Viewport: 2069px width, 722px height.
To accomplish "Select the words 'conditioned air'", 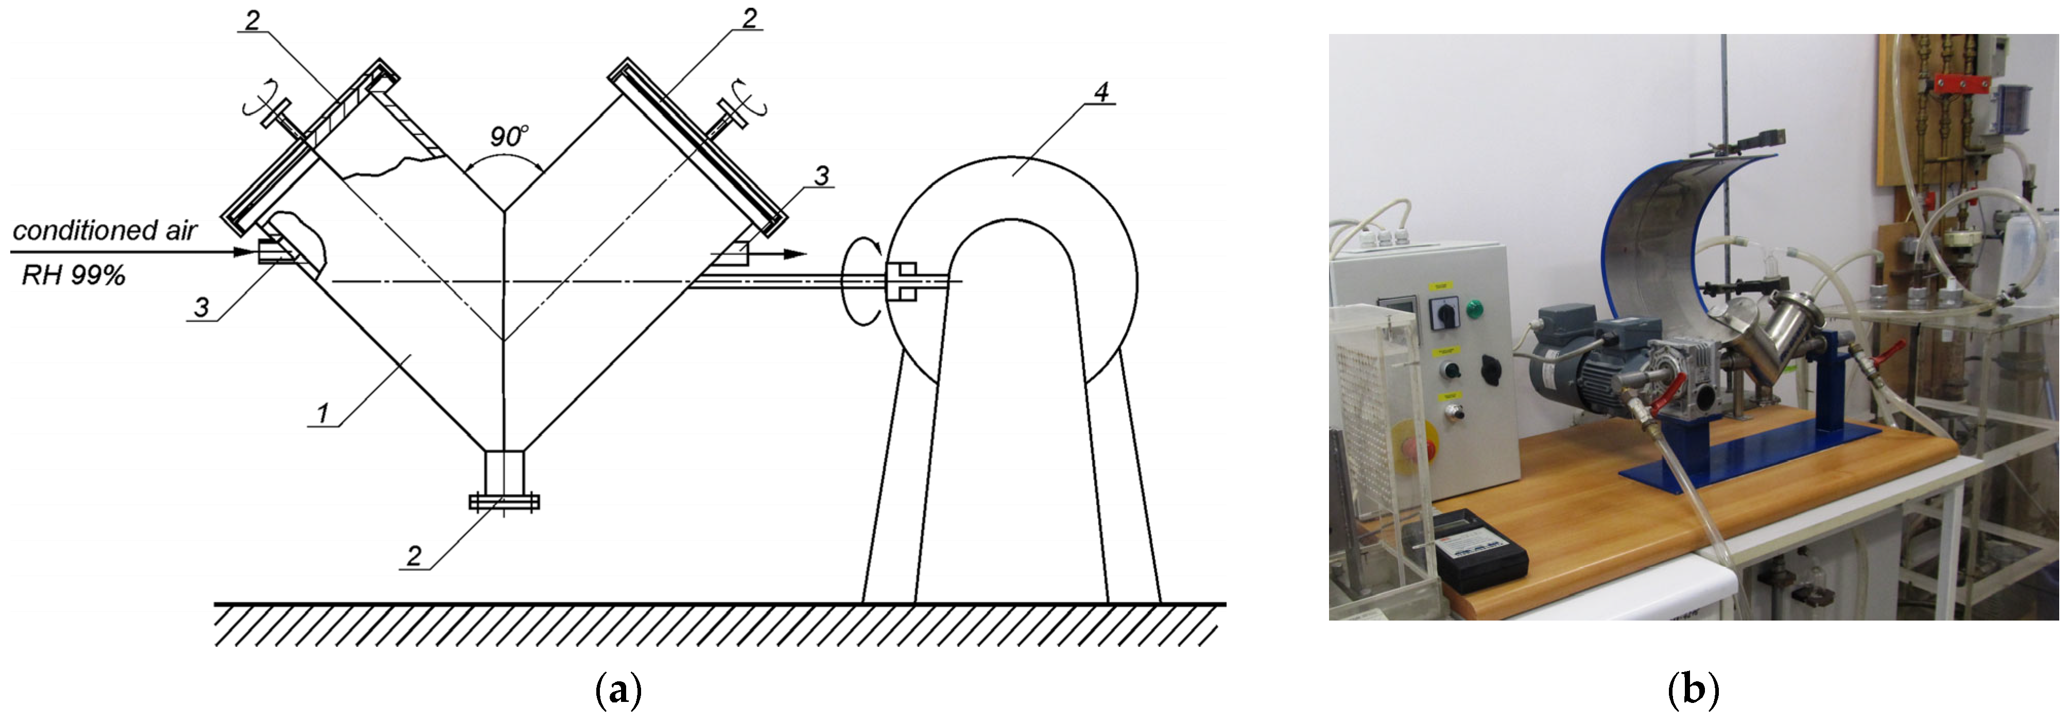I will (105, 231).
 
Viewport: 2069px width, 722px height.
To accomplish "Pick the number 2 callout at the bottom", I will (413, 556).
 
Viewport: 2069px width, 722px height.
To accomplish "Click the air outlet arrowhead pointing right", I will (795, 254).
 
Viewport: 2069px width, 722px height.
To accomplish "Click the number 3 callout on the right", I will (821, 176).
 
